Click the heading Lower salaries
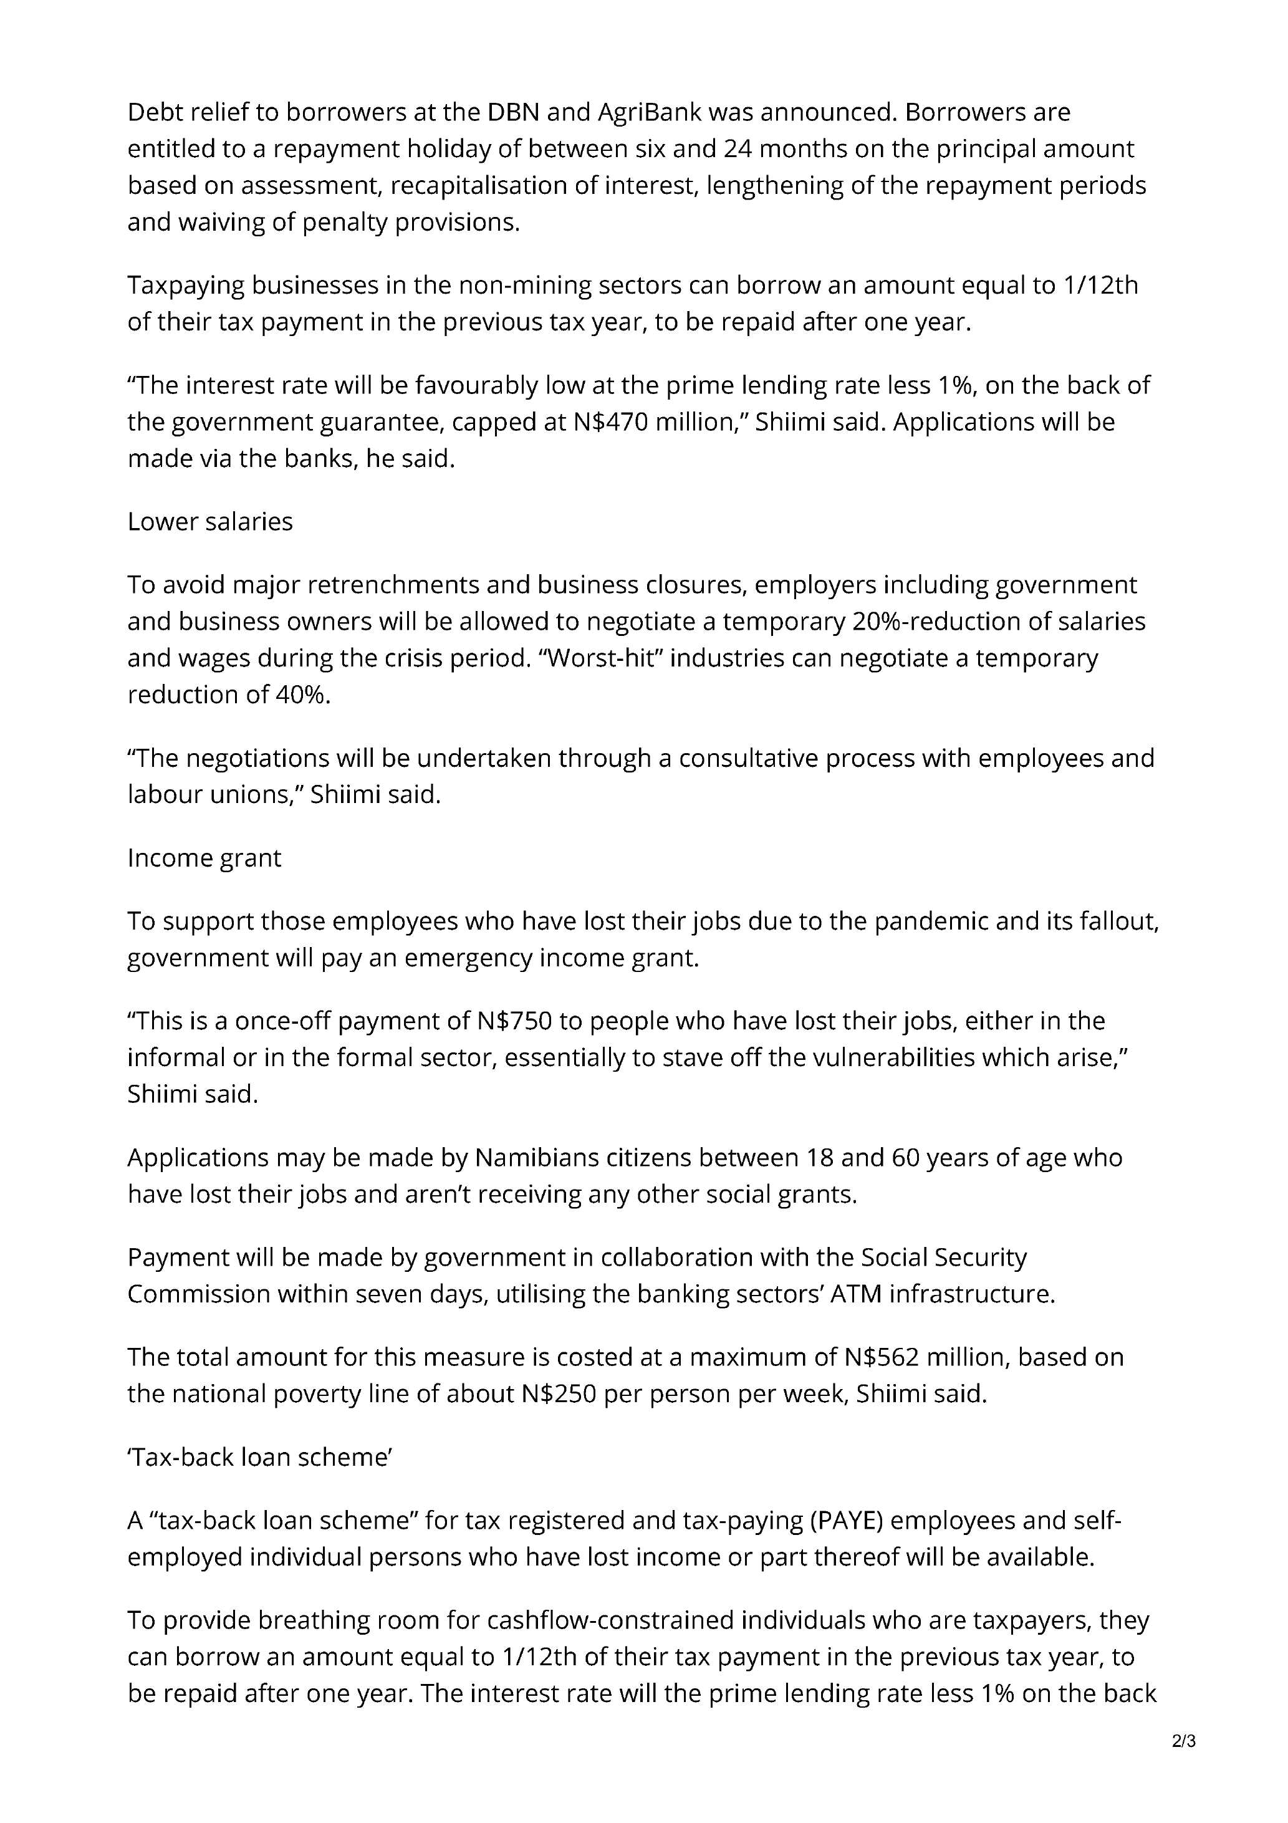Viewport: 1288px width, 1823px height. pyautogui.click(x=209, y=522)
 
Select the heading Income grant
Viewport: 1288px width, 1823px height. pyautogui.click(x=204, y=859)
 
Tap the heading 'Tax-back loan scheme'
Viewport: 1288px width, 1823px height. pyautogui.click(x=261, y=1457)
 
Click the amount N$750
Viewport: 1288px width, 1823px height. pyautogui.click(x=516, y=1021)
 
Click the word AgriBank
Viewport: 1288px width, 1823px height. pyautogui.click(x=649, y=113)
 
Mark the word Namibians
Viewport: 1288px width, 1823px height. pyautogui.click(x=537, y=1158)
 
